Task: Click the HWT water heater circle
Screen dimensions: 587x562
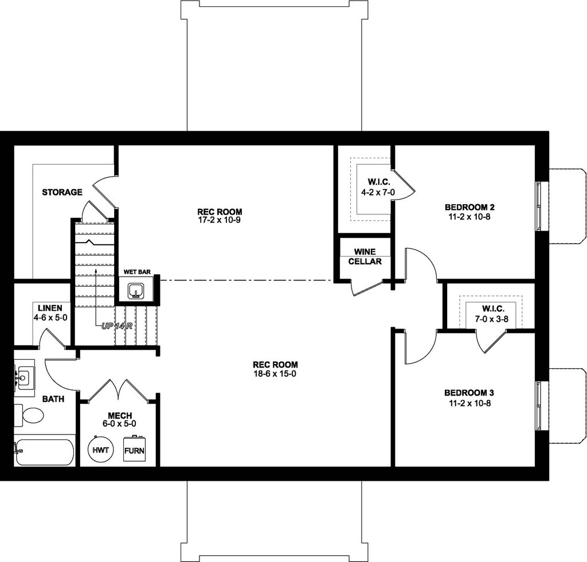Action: [101, 450]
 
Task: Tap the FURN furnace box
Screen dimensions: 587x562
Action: [134, 450]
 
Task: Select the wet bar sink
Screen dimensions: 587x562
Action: [135, 291]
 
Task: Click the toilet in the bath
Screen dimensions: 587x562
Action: [29, 415]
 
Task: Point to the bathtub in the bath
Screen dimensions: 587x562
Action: [44, 452]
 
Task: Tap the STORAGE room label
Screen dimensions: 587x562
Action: [62, 193]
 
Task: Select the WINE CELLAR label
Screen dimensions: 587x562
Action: [365, 256]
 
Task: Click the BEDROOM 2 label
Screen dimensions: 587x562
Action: [469, 207]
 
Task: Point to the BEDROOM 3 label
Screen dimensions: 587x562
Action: [469, 393]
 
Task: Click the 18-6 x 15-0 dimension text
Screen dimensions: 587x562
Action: [275, 374]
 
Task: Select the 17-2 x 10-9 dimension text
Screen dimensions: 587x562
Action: [220, 220]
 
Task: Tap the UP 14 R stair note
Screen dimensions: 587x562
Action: [117, 326]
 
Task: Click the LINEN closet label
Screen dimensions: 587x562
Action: [50, 308]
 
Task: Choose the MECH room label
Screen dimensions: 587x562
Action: [120, 416]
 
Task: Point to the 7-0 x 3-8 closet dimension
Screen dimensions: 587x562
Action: [491, 319]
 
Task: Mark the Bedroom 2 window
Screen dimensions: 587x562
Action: [539, 205]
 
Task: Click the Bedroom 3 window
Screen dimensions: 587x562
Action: [539, 406]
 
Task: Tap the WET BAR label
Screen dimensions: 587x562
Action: [137, 272]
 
